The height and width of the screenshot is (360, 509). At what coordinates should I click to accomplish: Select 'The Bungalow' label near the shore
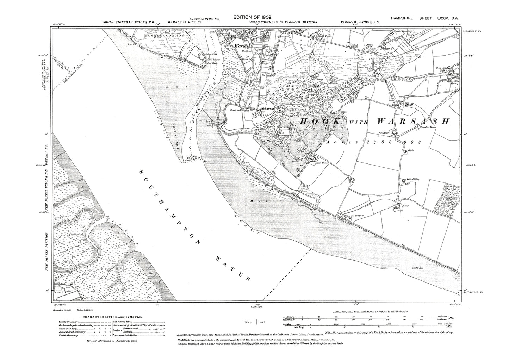click(x=347, y=216)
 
